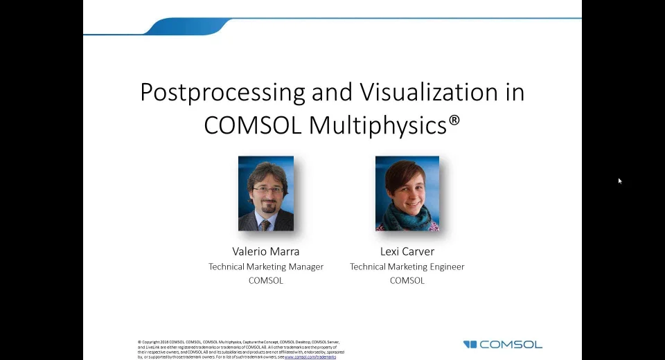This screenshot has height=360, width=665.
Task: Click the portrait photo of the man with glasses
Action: point(266,193)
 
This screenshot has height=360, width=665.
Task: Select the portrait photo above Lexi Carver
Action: point(407,193)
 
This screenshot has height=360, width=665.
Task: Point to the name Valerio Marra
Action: point(266,251)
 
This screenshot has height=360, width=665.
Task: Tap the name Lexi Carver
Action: point(407,251)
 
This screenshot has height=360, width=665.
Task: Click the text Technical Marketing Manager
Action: point(266,267)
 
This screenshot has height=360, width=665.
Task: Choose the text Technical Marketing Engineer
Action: point(407,267)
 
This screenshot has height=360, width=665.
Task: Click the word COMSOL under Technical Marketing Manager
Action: point(266,280)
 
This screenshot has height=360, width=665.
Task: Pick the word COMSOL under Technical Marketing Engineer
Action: point(407,280)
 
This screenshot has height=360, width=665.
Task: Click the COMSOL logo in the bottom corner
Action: point(503,344)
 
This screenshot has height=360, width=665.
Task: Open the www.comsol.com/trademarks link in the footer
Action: point(310,357)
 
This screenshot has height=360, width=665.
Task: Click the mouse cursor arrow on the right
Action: point(620,181)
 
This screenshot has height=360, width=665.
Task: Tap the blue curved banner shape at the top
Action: point(187,26)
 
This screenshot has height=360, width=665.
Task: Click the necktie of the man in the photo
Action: point(265,225)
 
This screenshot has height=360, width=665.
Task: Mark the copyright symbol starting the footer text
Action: point(139,342)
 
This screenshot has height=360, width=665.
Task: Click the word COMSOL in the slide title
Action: point(254,125)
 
